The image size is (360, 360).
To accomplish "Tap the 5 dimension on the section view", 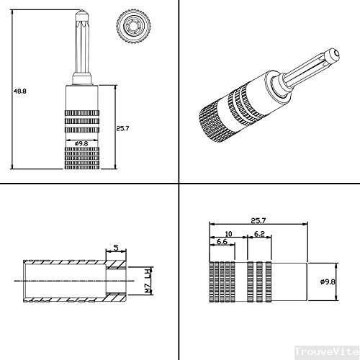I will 116,247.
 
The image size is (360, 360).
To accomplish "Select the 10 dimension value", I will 228,234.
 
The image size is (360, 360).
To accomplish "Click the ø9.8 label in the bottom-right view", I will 328,282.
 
